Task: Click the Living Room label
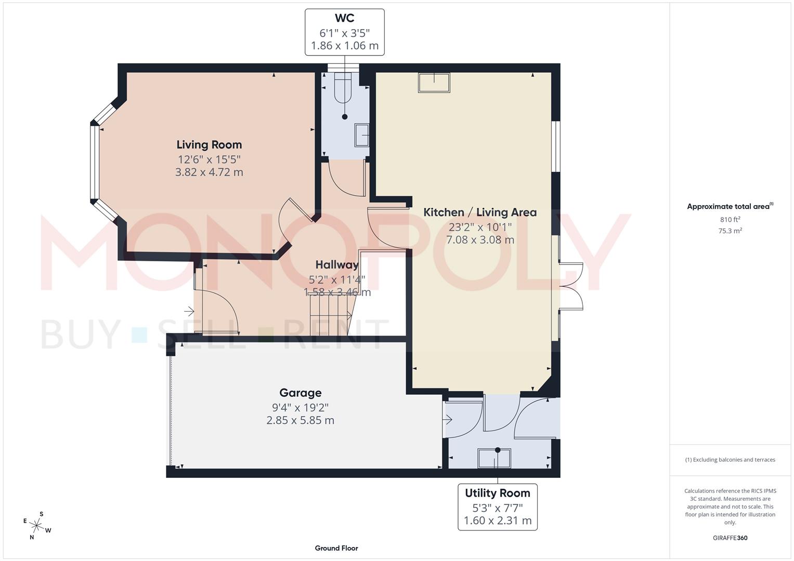point(209,145)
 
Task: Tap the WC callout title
point(344,18)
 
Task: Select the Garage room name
point(300,393)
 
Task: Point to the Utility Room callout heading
point(497,493)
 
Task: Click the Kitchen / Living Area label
point(479,212)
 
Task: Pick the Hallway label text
point(337,265)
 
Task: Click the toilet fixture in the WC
point(344,88)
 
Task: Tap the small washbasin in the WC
point(362,135)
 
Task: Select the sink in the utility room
point(494,458)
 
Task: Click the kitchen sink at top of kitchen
point(434,83)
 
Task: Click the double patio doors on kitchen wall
point(570,286)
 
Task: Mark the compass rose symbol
point(36,525)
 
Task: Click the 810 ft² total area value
point(730,220)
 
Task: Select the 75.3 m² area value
point(730,231)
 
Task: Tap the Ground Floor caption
point(336,548)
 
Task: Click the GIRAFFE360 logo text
point(730,538)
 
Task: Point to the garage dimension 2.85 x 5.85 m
point(300,420)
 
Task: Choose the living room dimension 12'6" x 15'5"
point(209,159)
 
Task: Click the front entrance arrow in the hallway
point(189,312)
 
